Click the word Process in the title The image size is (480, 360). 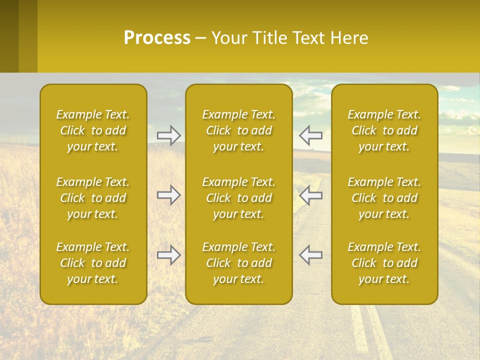pyautogui.click(x=157, y=38)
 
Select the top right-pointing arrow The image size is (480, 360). pyautogui.click(x=169, y=135)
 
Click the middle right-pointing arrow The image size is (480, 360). pyautogui.click(x=169, y=195)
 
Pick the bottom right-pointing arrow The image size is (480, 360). pyautogui.click(x=169, y=255)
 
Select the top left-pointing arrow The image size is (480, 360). pyautogui.click(x=310, y=135)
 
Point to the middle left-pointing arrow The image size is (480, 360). pyautogui.click(x=310, y=195)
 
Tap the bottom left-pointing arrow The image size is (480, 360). pyautogui.click(x=310, y=255)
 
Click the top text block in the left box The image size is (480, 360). pyautogui.click(x=93, y=130)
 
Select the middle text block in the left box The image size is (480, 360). pyautogui.click(x=93, y=198)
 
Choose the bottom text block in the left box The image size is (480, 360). pyautogui.click(x=93, y=263)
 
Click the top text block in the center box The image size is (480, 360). pyautogui.click(x=238, y=130)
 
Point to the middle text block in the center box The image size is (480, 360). pyautogui.click(x=238, y=198)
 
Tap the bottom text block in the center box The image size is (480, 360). pyautogui.click(x=238, y=263)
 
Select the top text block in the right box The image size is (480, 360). pyautogui.click(x=384, y=130)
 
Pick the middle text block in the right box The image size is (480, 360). pyautogui.click(x=384, y=198)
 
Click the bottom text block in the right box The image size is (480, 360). pyautogui.click(x=384, y=263)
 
